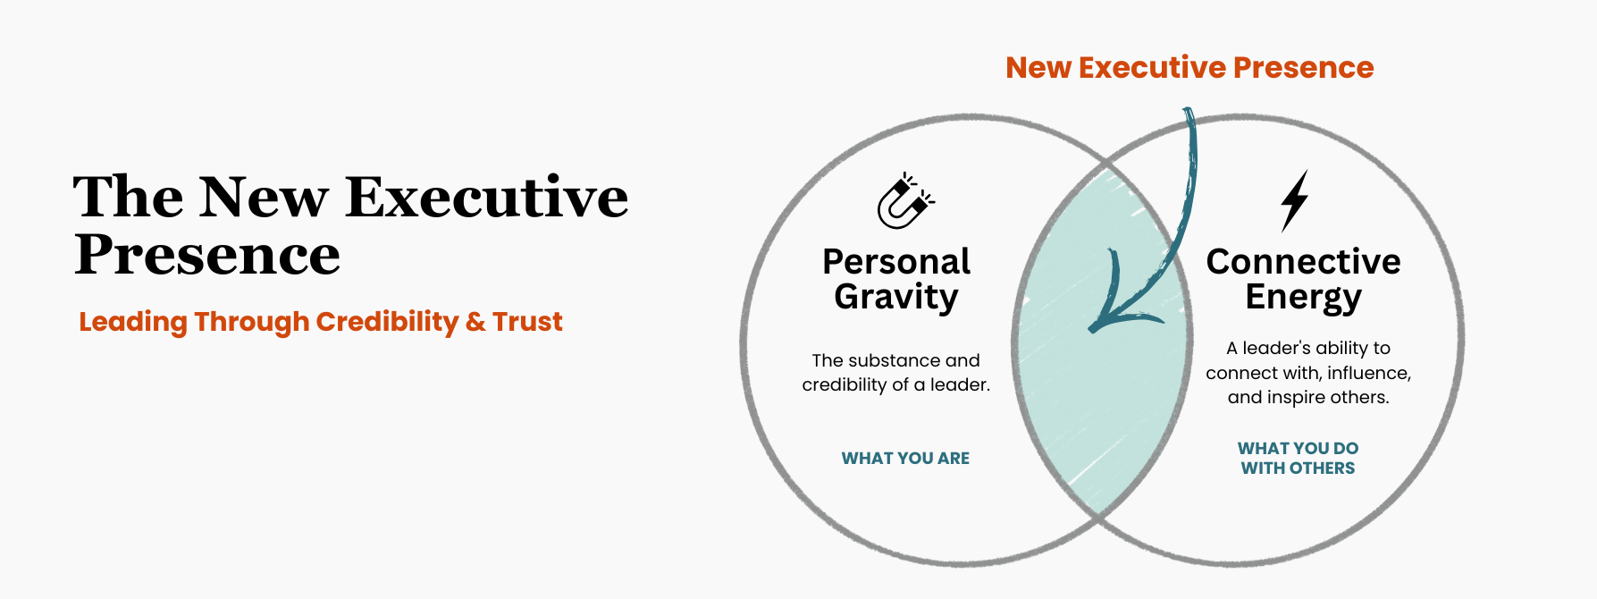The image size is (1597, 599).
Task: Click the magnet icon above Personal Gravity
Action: tap(904, 202)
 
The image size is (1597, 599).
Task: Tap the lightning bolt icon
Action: tap(1294, 200)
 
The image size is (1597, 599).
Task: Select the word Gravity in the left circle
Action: tap(896, 298)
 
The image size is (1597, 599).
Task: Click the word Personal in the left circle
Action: tap(896, 262)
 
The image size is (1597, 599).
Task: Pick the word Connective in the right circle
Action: tap(1303, 262)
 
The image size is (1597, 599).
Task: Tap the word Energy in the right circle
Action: tap(1303, 298)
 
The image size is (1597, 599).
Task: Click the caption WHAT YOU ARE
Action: tap(905, 459)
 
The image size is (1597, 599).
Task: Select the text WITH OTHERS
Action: tap(1298, 468)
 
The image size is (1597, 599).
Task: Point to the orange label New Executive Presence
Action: tap(1189, 68)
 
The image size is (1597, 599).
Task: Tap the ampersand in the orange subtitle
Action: tap(475, 322)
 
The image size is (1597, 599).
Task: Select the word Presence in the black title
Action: tap(207, 256)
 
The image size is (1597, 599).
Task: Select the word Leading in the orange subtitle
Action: tap(133, 322)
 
